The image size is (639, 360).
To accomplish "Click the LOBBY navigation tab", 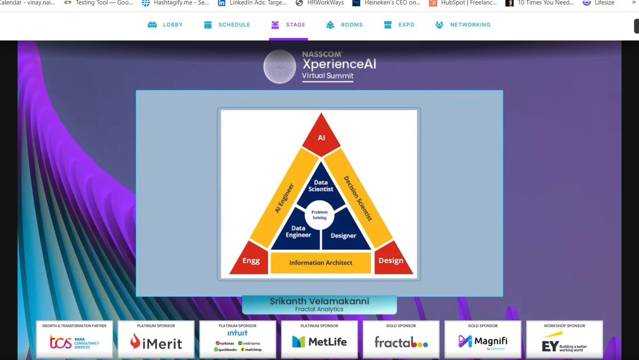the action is point(165,25).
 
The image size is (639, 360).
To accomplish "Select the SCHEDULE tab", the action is point(227,25).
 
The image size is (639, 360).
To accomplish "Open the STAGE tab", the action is point(288,25).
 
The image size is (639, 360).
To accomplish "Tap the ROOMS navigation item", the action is point(345,25).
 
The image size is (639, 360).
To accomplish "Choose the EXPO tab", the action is point(399,25).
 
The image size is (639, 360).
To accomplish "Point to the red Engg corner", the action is point(251,260).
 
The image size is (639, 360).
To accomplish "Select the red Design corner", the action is point(392,260).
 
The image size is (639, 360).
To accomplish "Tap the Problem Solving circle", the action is point(319,215).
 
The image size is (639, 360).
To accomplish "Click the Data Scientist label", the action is point(321,186).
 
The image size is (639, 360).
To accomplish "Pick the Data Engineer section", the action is point(298,232).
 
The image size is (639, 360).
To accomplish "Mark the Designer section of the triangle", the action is point(343,235).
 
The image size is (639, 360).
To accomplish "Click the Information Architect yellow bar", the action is point(321,263).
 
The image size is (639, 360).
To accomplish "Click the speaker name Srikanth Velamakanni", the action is point(319,301).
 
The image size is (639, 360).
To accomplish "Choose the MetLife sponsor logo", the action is point(320,341).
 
